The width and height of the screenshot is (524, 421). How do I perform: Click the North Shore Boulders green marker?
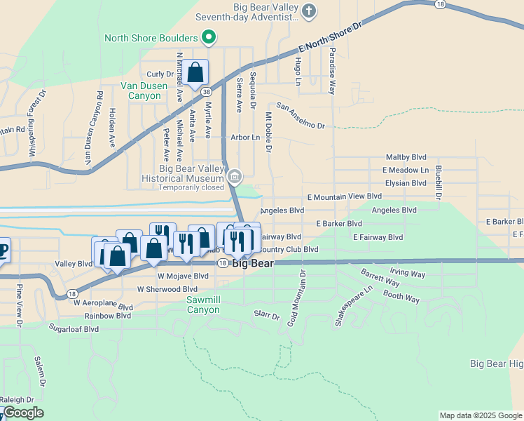[208, 37]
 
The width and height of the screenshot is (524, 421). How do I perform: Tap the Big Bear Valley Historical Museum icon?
[235, 177]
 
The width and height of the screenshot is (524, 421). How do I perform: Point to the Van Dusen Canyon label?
[141, 91]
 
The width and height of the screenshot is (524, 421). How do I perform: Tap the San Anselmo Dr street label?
[301, 116]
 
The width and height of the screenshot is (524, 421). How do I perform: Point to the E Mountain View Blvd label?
[344, 197]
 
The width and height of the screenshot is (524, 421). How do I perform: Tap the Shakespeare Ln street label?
[353, 305]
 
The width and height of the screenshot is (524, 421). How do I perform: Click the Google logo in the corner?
[23, 413]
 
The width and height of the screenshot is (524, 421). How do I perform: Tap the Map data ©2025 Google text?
[481, 415]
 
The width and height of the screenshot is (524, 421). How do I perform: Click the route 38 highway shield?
[206, 92]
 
